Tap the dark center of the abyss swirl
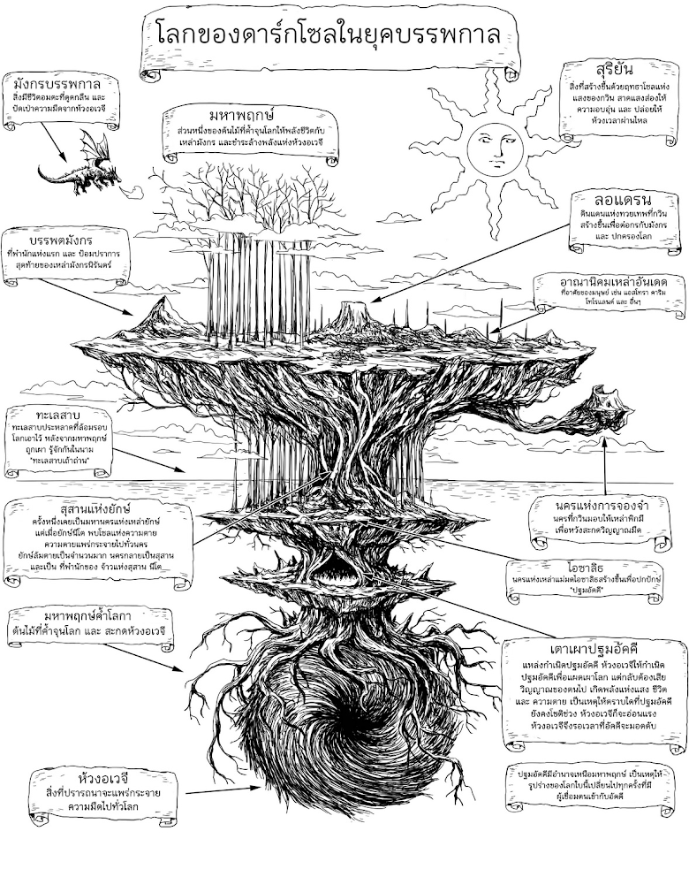[x=345, y=720]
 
